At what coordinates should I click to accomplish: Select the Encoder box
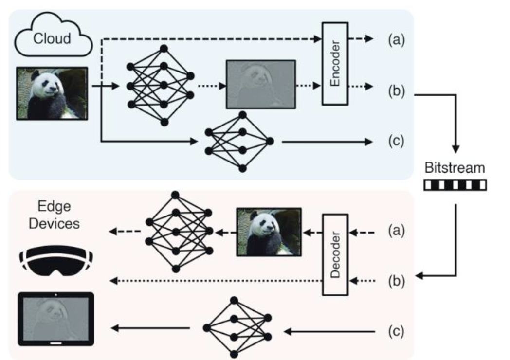[335, 63]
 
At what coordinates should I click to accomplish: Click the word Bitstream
[455, 168]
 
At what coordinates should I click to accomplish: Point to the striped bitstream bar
[455, 185]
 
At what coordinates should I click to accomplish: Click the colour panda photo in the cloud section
[53, 93]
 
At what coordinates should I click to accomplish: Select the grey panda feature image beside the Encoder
[260, 84]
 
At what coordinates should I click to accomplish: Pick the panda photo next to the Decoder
[269, 232]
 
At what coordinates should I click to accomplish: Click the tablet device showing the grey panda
[56, 319]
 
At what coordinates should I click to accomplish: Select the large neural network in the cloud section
[160, 86]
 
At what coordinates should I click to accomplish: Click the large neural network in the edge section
[179, 232]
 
